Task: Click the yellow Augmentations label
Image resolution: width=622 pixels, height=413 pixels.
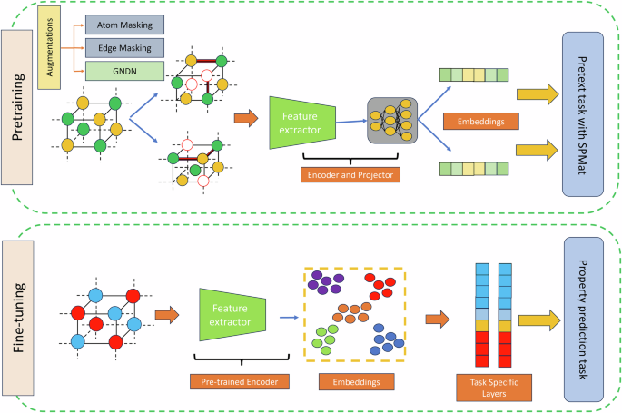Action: [x=48, y=48]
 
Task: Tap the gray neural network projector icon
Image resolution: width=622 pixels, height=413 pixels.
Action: [x=391, y=120]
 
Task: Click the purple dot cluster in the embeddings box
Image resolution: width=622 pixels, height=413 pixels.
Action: [x=324, y=283]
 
